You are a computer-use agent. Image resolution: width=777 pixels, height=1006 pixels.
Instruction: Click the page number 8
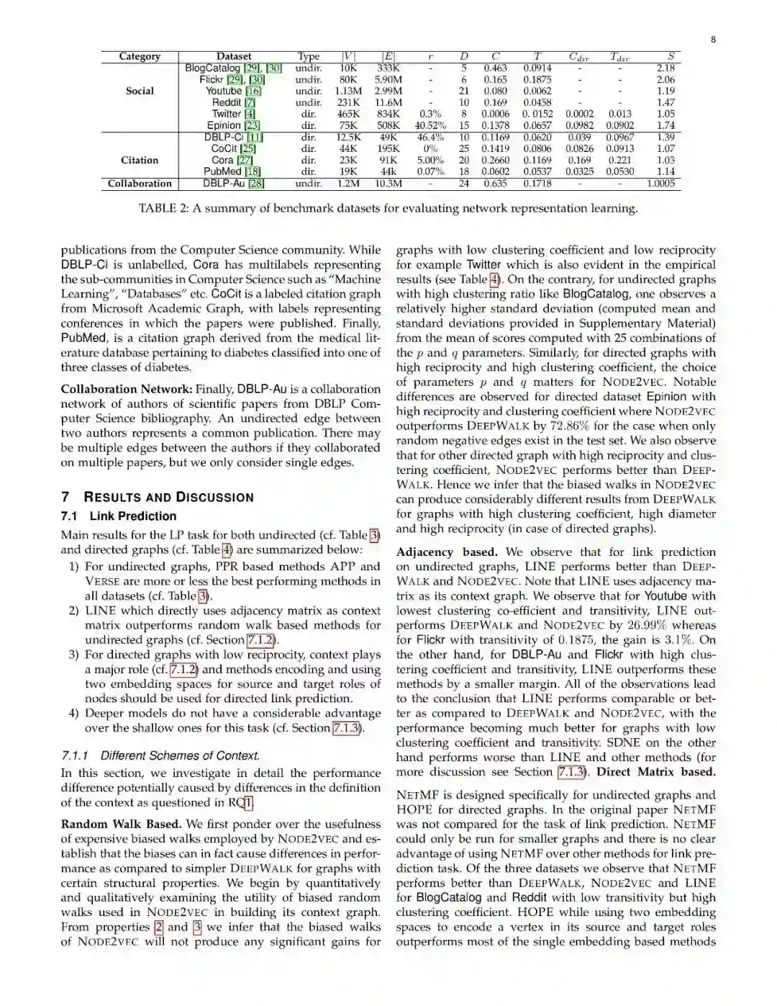click(x=713, y=40)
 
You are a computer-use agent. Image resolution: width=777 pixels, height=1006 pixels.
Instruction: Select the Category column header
click(x=140, y=56)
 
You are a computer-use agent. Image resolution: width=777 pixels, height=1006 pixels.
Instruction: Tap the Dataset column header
click(x=234, y=56)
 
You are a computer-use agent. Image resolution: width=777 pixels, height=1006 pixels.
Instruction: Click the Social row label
click(x=140, y=91)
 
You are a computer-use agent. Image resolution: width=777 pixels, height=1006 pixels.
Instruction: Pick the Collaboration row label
click(x=140, y=184)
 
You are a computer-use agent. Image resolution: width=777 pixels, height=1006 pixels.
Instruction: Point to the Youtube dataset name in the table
click(x=223, y=91)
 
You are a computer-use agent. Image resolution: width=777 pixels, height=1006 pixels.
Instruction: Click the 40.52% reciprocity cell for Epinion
click(x=430, y=125)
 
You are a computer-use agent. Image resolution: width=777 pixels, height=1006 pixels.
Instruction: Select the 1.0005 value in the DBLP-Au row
click(x=660, y=184)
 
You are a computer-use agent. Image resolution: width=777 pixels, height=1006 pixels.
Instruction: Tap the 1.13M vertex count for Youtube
click(x=348, y=91)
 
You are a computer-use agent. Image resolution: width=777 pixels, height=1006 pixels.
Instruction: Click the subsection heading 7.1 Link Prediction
click(x=119, y=516)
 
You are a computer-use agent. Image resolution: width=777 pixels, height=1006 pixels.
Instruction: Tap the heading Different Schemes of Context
click(x=160, y=755)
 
